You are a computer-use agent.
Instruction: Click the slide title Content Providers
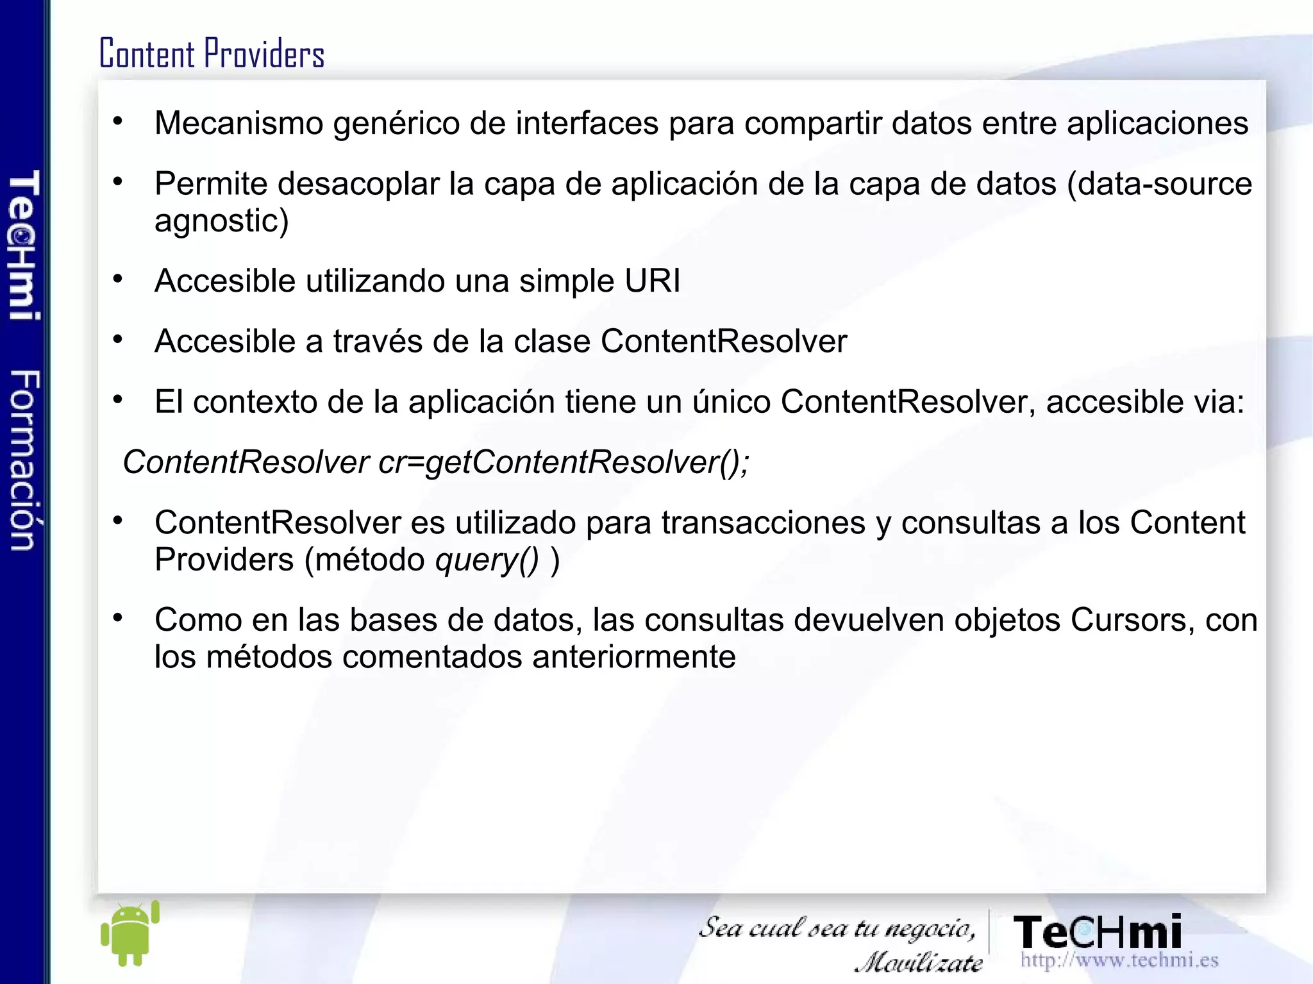pyautogui.click(x=212, y=53)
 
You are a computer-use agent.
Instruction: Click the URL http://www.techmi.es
pyautogui.click(x=1119, y=960)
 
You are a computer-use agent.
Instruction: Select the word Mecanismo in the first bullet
pyautogui.click(x=238, y=123)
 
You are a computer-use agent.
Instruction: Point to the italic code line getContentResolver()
pyautogui.click(x=436, y=462)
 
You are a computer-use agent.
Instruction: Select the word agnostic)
pyautogui.click(x=222, y=221)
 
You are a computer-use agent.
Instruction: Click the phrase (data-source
pyautogui.click(x=1159, y=184)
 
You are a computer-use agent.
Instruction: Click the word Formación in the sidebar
pyautogui.click(x=24, y=460)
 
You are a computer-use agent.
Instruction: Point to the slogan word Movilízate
pyautogui.click(x=919, y=962)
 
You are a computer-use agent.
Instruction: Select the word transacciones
pyautogui.click(x=764, y=523)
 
